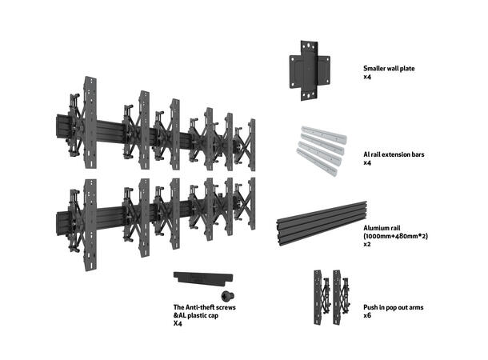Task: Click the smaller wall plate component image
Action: pyautogui.click(x=307, y=70)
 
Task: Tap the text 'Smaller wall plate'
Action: pyautogui.click(x=394, y=69)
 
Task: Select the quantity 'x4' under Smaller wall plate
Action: pyautogui.click(x=367, y=78)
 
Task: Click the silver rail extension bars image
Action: pyautogui.click(x=319, y=146)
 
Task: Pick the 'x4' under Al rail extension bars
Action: pyautogui.click(x=367, y=162)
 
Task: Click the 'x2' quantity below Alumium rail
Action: pyautogui.click(x=367, y=245)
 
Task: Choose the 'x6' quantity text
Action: pyautogui.click(x=367, y=316)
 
